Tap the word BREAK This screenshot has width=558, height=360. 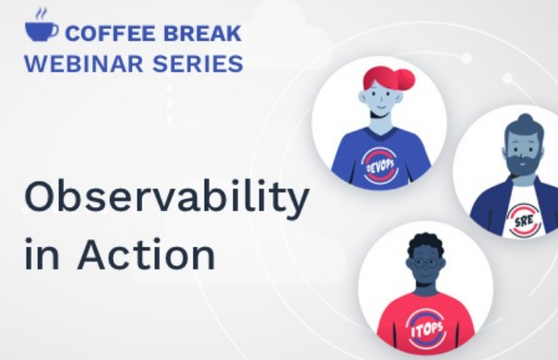202,33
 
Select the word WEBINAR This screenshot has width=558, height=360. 83,64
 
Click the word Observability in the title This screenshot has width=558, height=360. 167,197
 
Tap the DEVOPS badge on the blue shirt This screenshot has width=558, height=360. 380,166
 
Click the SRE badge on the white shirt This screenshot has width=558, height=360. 525,220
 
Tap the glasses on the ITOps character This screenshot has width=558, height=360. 426,264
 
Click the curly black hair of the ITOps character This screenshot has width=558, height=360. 425,245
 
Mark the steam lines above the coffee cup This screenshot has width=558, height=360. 41,15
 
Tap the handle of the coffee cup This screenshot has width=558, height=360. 53,31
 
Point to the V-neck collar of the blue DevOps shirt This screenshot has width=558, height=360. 381,133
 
